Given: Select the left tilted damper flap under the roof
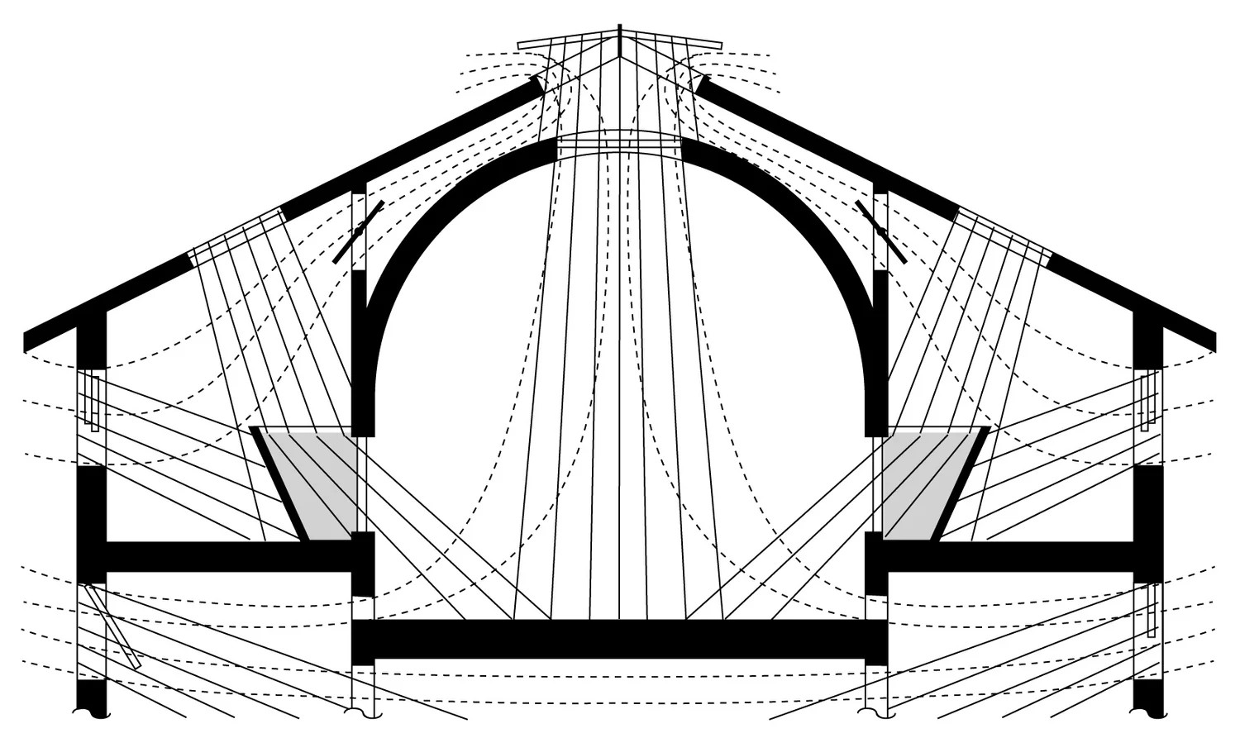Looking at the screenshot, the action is coord(359,232).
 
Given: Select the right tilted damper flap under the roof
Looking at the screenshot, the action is coord(881,232).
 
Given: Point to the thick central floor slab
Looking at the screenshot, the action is coord(620,638).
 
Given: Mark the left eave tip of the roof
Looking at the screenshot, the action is coord(28,341).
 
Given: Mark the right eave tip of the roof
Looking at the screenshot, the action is coord(1212,341).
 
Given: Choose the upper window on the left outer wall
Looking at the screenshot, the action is coord(93,403).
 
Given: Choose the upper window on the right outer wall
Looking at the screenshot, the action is coord(1147,402).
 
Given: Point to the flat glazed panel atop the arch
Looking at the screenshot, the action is coord(620,145).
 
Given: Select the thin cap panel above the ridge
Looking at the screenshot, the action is coord(620,39).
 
